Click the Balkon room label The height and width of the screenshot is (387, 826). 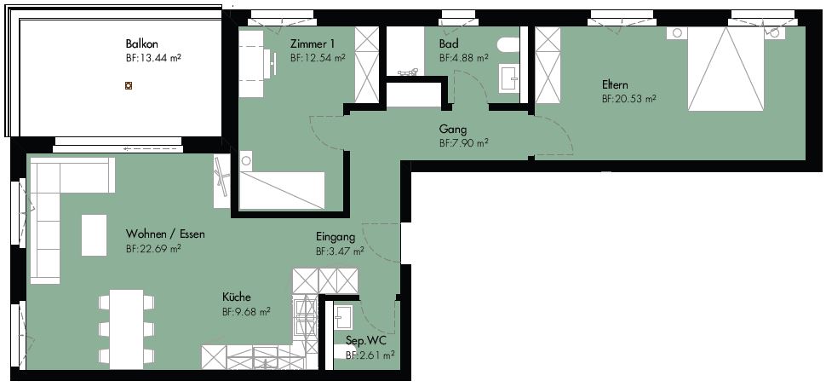tap(141, 43)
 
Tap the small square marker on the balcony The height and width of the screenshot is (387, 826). tap(128, 85)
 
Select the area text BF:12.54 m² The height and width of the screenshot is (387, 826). tap(318, 58)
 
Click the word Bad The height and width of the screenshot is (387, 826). tap(448, 43)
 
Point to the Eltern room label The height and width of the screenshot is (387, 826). tap(615, 85)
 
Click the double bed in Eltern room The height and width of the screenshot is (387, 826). tap(726, 69)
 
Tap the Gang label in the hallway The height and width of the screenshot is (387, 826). tap(452, 130)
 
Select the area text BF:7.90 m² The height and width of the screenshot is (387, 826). tap(463, 143)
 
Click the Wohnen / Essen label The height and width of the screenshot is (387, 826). tap(165, 234)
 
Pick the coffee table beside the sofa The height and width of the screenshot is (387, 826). tap(95, 235)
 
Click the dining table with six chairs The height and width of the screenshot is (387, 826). tap(126, 329)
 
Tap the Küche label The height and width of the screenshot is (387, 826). tap(237, 297)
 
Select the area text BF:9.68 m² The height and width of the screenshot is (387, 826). tap(247, 312)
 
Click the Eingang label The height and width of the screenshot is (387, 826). tap(336, 237)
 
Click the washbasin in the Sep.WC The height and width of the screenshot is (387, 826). tap(345, 317)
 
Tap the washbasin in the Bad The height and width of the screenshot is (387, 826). tap(509, 79)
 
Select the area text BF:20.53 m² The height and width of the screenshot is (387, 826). tap(629, 99)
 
